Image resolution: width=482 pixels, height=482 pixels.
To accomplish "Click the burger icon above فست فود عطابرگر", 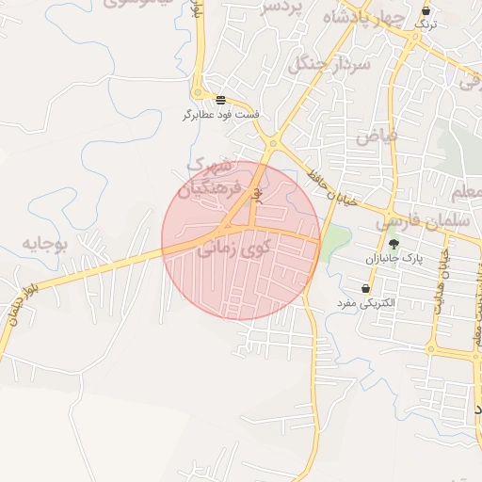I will (219, 100).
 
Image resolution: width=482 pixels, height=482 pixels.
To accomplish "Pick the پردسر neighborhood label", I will (284, 8).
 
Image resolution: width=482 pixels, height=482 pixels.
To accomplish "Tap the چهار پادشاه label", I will (362, 18).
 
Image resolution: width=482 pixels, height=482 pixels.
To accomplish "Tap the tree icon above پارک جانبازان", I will (407, 242).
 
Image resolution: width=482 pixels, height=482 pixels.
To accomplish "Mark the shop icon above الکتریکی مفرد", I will (365, 288).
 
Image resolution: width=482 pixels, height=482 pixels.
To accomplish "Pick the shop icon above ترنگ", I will (426, 10).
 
